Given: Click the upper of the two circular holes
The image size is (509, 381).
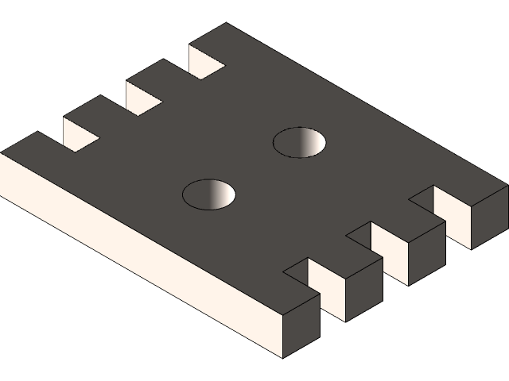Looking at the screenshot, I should click(x=300, y=143).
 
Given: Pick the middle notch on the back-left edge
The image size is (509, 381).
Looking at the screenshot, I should click(x=145, y=95).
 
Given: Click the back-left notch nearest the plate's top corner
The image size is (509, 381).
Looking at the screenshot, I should click(x=207, y=62).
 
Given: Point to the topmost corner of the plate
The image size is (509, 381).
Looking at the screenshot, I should click(x=225, y=24).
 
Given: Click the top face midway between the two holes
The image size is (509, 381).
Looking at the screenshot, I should click(x=254, y=168).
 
